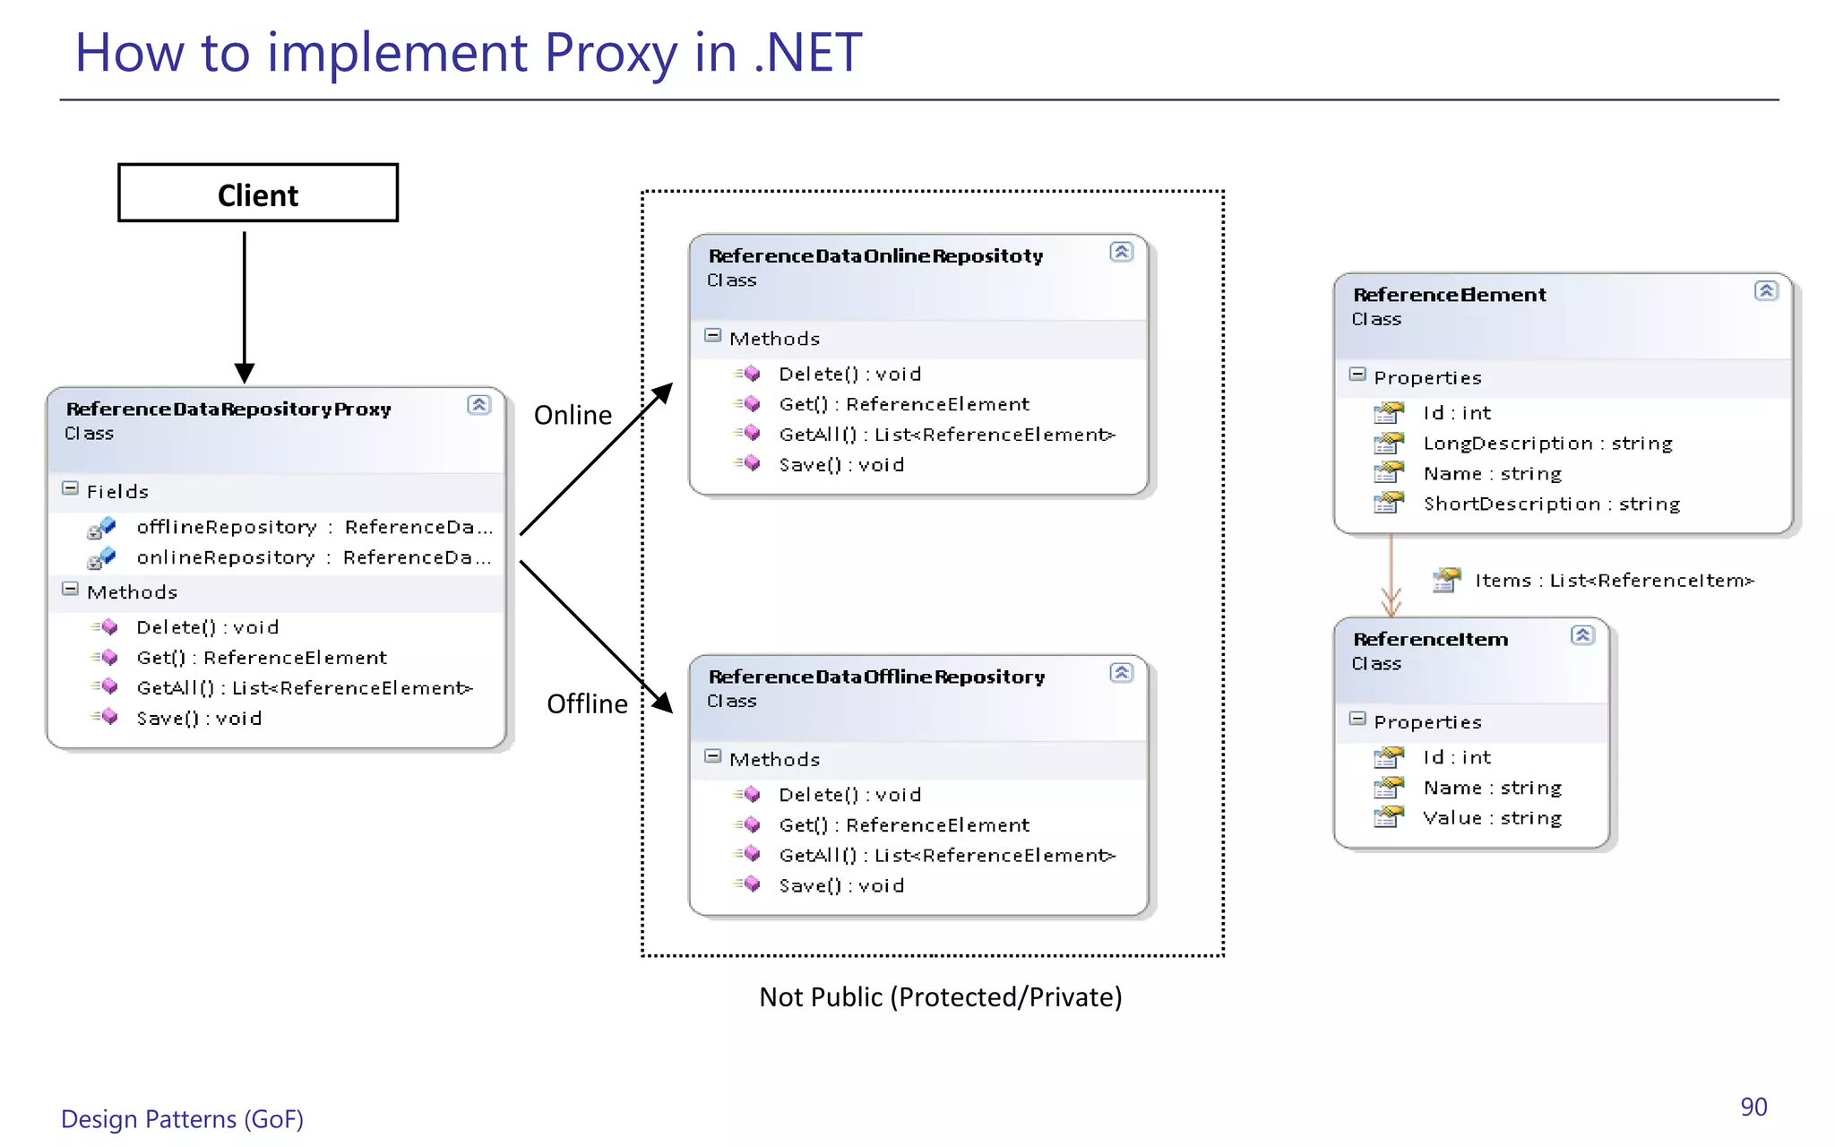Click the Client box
click(x=258, y=194)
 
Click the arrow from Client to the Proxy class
click(x=244, y=305)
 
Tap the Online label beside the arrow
click(x=573, y=415)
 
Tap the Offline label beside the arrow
click(x=587, y=703)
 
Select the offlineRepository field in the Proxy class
click(x=227, y=527)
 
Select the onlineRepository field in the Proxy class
click(x=225, y=557)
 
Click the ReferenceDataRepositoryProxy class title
click(x=228, y=409)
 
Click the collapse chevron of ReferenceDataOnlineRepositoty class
click(x=1121, y=252)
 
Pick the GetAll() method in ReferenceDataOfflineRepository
click(x=946, y=855)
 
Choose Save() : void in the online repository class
click(x=840, y=464)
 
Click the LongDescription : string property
click(x=1547, y=444)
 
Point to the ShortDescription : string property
click(x=1551, y=504)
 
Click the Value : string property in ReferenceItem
click(x=1492, y=818)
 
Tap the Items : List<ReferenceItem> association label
click(x=1613, y=581)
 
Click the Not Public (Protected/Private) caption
click(x=940, y=996)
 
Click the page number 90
click(x=1753, y=1107)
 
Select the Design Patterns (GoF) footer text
click(x=182, y=1119)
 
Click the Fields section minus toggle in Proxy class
click(x=70, y=488)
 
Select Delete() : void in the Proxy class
click(x=207, y=627)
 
